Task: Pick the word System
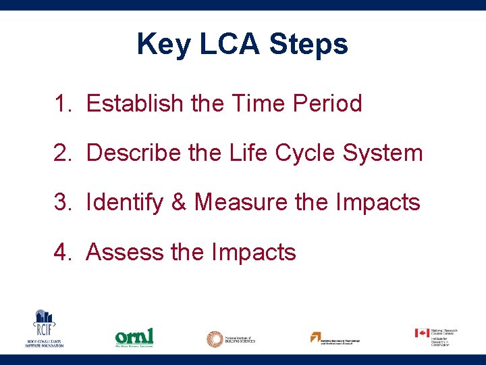click(383, 153)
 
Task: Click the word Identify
click(124, 202)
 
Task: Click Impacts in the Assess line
click(254, 252)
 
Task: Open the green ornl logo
click(134, 336)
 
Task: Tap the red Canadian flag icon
click(422, 333)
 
